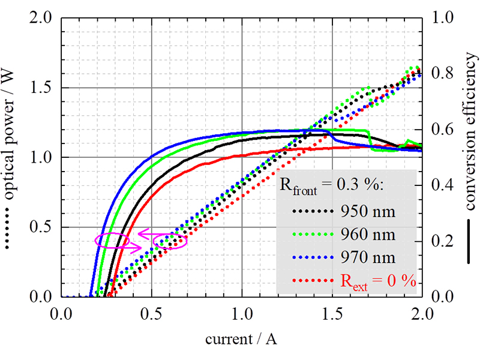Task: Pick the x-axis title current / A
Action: click(241, 339)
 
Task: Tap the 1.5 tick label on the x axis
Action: click(332, 313)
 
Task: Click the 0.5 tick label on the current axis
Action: click(151, 313)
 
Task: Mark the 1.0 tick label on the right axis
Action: click(440, 19)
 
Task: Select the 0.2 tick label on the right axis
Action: click(440, 241)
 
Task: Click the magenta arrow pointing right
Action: click(132, 247)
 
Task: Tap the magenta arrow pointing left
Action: click(147, 233)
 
